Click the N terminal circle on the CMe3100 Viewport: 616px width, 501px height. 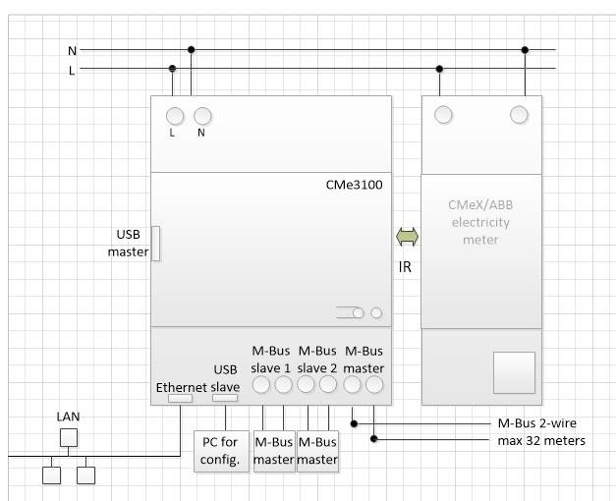202,116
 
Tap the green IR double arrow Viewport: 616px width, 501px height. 406,237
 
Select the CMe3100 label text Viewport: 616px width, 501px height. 354,185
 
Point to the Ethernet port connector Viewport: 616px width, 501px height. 180,399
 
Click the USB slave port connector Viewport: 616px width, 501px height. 226,399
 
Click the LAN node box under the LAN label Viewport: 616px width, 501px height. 67,438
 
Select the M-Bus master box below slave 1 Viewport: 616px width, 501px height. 274,451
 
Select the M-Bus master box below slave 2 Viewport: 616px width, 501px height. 317,451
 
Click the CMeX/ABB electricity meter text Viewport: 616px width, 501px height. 480,222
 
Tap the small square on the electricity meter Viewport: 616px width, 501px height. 514,372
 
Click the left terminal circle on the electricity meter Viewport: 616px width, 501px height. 444,116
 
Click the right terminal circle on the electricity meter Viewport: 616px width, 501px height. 519,116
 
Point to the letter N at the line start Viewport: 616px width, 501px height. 72,50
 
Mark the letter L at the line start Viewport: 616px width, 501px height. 72,69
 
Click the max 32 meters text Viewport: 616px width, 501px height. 540,440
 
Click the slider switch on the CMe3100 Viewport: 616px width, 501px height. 350,313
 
